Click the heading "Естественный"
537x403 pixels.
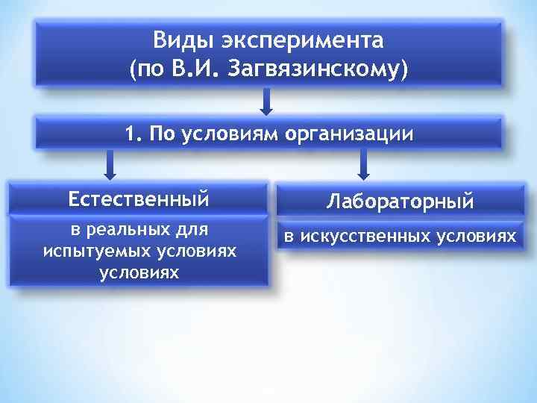click(x=139, y=199)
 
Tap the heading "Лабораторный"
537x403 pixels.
click(x=401, y=201)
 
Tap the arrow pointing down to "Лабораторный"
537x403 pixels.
click(x=363, y=164)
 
